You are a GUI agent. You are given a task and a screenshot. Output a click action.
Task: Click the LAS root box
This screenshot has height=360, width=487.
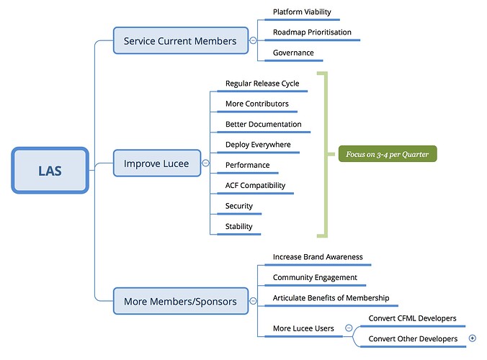50,171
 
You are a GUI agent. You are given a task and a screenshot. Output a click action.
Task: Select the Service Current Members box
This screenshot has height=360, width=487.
181,40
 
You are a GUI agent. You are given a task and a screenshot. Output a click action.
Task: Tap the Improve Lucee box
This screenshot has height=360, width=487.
157,163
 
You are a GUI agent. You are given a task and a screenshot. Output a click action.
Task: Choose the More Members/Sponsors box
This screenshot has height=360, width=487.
181,301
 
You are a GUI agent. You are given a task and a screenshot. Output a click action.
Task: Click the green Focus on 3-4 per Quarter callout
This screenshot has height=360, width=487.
388,154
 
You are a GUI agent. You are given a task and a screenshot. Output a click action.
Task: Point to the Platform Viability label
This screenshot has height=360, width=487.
302,12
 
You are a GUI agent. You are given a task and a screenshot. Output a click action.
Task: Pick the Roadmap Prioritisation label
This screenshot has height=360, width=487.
312,32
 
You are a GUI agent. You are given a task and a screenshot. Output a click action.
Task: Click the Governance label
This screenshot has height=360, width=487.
293,53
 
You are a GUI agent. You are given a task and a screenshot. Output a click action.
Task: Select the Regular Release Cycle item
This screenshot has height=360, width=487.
262,84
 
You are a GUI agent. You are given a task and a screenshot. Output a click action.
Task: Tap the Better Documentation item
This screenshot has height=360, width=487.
264,124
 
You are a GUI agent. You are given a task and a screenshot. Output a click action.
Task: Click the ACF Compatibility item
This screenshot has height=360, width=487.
255,185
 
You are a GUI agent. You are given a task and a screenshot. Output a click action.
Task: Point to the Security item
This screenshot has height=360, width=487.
239,206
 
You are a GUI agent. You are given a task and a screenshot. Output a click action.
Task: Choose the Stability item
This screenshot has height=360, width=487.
239,226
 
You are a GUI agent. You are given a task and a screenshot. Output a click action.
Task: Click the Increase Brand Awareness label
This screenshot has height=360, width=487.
318,257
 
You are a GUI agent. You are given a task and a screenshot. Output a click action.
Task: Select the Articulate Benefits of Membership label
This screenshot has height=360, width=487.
331,298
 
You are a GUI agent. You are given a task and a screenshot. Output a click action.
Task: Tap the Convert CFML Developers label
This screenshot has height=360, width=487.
413,318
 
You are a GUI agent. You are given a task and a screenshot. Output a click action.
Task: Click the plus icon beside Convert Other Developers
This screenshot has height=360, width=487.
473,338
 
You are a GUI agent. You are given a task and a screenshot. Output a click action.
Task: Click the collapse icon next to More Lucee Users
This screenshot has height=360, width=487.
349,328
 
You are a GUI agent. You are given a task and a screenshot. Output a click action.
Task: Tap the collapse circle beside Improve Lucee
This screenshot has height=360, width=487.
205,163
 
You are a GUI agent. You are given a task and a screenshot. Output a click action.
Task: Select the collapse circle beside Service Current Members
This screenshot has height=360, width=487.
253,40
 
